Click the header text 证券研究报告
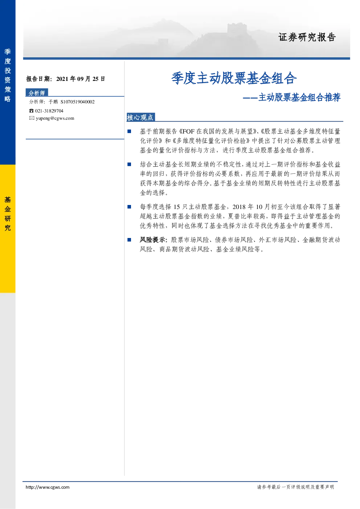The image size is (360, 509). (x=307, y=37)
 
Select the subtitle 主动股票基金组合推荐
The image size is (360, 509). (x=299, y=97)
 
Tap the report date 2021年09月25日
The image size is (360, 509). (x=81, y=79)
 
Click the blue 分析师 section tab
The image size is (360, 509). (x=37, y=93)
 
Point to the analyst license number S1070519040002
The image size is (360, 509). (x=78, y=102)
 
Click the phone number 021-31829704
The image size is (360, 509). (x=49, y=111)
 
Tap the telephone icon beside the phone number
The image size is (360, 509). (x=31, y=111)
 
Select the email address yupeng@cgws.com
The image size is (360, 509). (x=55, y=118)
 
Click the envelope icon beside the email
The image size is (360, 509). (x=32, y=118)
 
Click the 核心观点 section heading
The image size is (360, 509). (x=140, y=117)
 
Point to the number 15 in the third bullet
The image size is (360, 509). (x=177, y=207)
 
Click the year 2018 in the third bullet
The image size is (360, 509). (x=239, y=207)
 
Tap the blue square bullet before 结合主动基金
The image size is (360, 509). (x=129, y=164)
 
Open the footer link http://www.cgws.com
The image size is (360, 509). (x=48, y=487)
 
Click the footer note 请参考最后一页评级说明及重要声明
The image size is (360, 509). (x=295, y=487)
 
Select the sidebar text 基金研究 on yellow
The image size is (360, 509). (x=8, y=214)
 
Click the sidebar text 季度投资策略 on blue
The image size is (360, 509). (x=8, y=75)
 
